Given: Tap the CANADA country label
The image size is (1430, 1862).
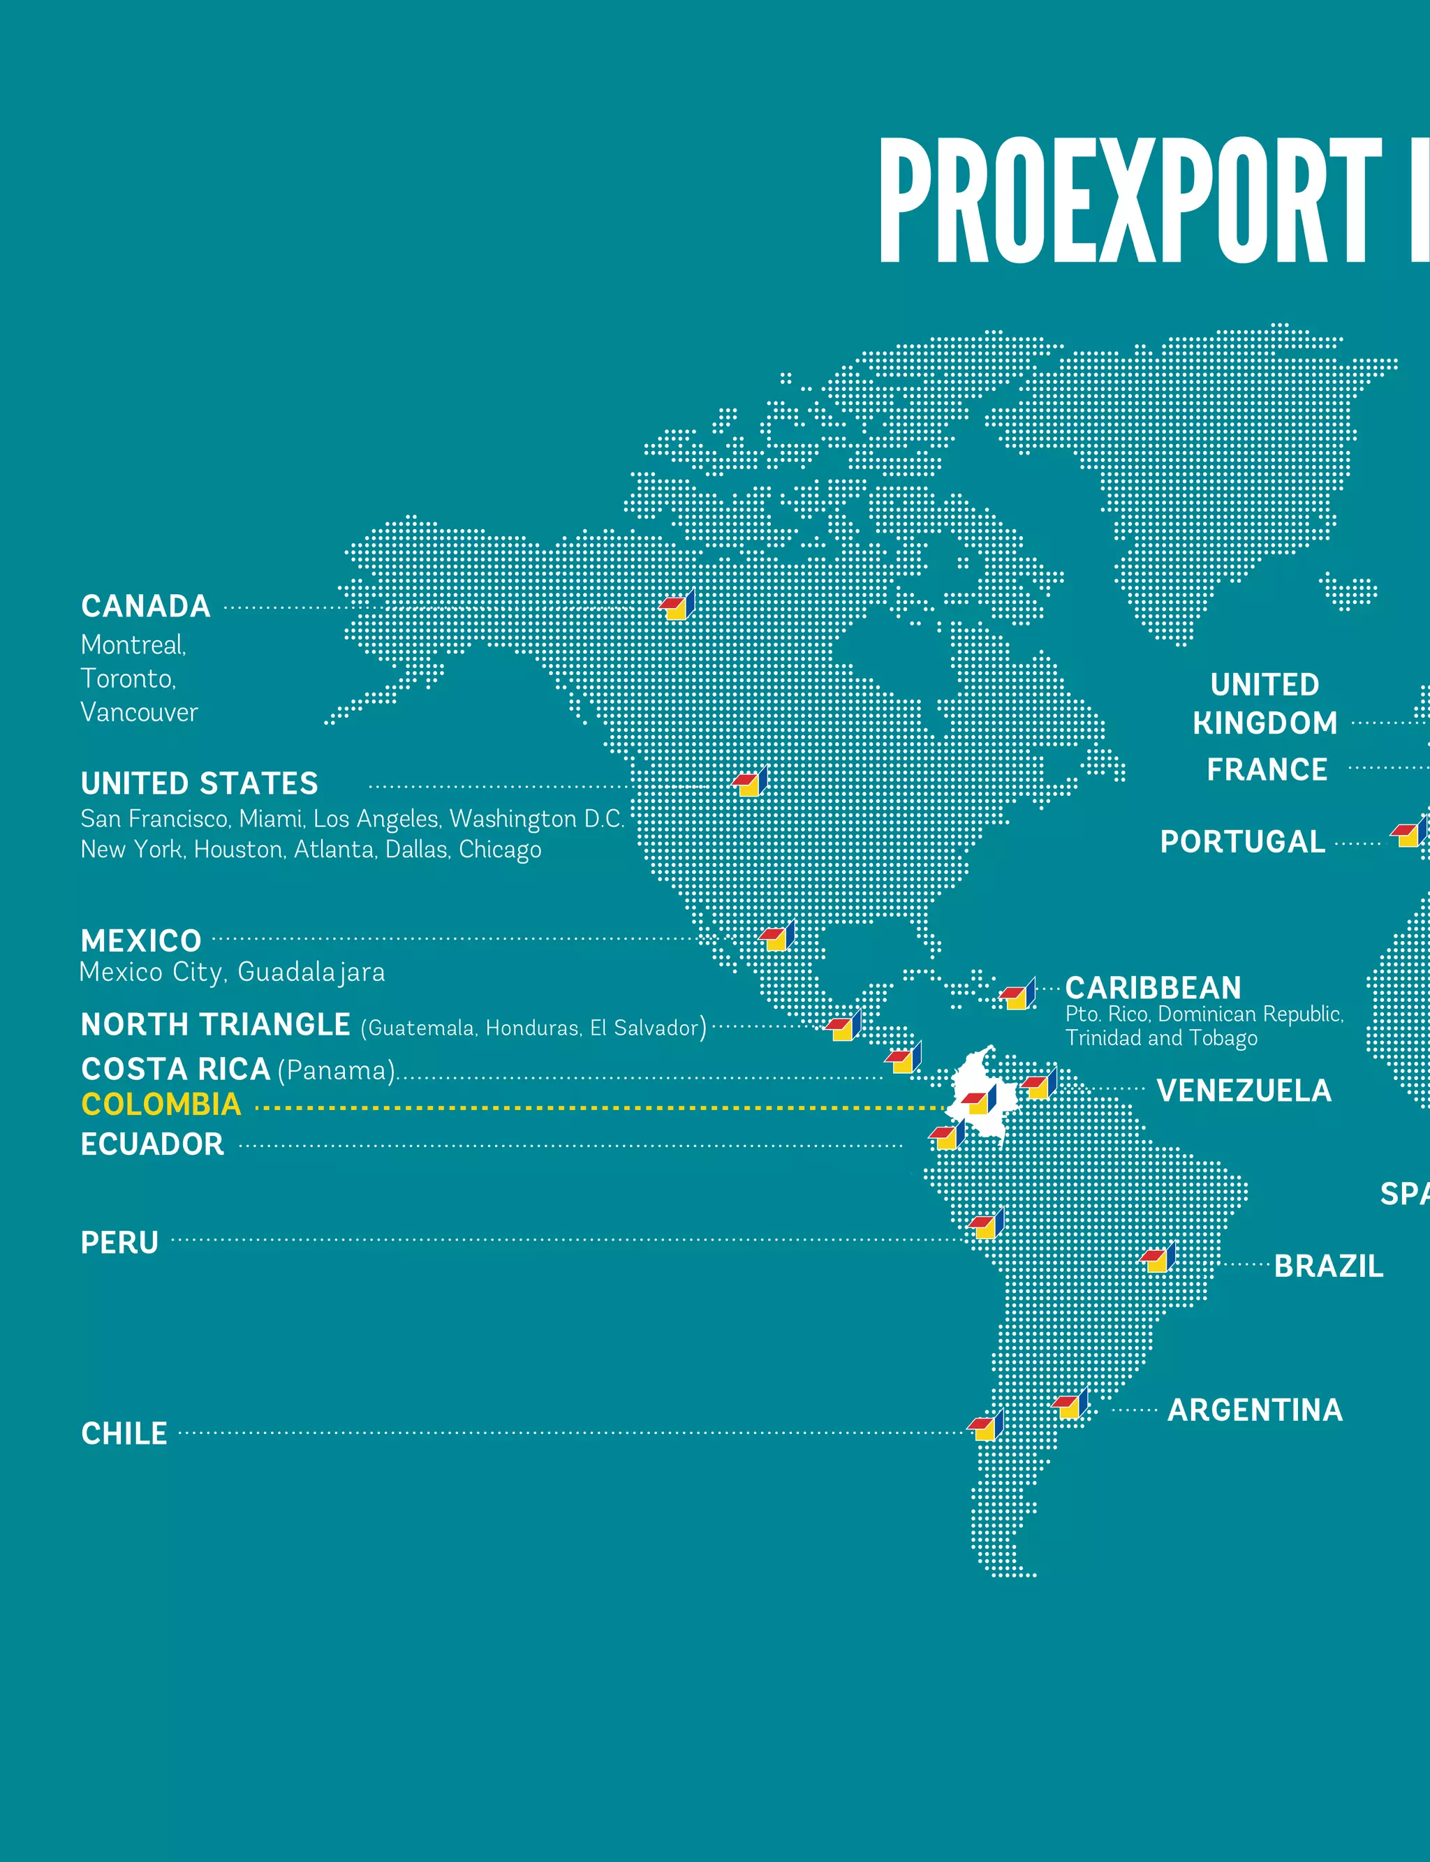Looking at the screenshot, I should [x=145, y=607].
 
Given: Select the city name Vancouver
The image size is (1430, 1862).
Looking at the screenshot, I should [x=139, y=712].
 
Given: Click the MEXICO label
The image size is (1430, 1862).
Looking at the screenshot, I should [x=141, y=941].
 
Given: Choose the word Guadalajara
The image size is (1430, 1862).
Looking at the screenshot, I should [x=311, y=972].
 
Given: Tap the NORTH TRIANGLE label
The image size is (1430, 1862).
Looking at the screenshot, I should [x=215, y=1025].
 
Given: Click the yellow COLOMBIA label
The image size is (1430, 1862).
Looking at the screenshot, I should [x=161, y=1104].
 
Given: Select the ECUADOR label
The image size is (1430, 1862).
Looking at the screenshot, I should [x=152, y=1144].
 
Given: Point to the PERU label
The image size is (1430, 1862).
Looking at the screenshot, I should [x=119, y=1243].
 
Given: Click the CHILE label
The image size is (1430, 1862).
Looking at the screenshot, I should [x=124, y=1434].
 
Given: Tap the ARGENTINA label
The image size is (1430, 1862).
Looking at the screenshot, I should [x=1255, y=1411].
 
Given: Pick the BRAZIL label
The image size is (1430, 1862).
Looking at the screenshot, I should [x=1328, y=1266].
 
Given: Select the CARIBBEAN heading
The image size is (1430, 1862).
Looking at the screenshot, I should [x=1153, y=988].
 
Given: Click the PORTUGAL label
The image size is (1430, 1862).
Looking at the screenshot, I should [x=1242, y=842].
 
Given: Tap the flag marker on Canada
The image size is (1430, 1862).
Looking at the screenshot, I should [x=677, y=606].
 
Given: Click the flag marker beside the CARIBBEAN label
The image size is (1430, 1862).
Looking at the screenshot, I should [x=1018, y=995].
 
